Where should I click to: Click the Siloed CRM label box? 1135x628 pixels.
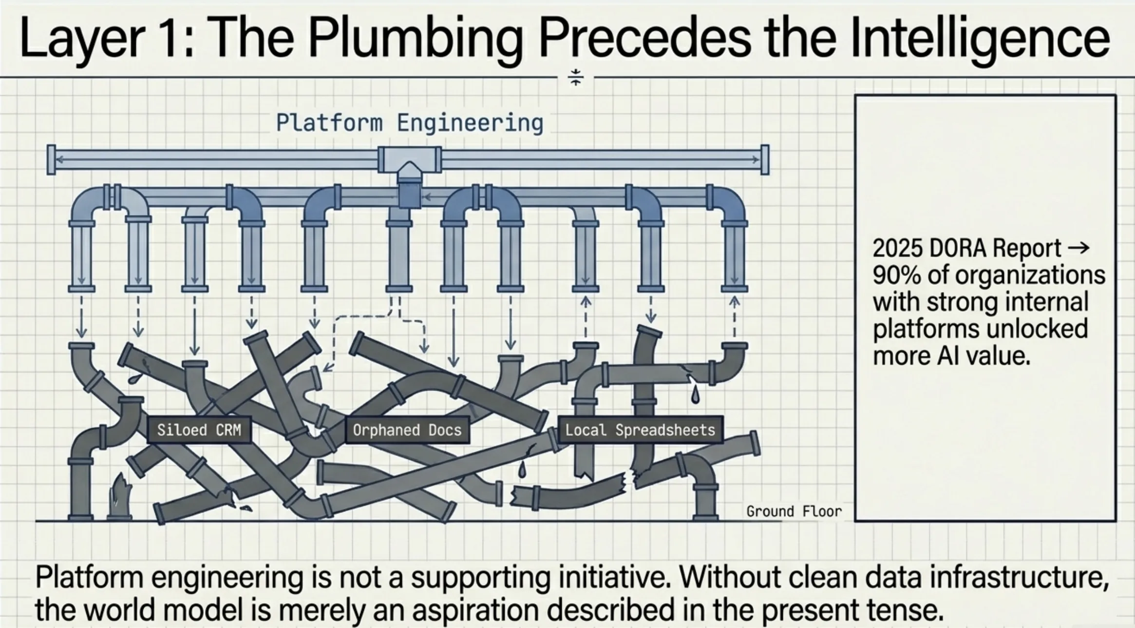tap(199, 430)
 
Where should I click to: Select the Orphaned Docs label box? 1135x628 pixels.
tap(407, 430)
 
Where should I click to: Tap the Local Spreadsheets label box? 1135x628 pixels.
tap(640, 430)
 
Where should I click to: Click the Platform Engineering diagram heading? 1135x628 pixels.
tap(410, 122)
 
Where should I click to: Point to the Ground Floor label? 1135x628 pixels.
tap(794, 511)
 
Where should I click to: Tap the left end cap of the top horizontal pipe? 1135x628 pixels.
tap(51, 159)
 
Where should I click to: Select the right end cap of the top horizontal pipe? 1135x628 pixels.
tap(765, 159)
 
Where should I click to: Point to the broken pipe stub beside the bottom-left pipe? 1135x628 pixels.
tap(120, 497)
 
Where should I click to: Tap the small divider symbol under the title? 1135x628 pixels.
tap(576, 78)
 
